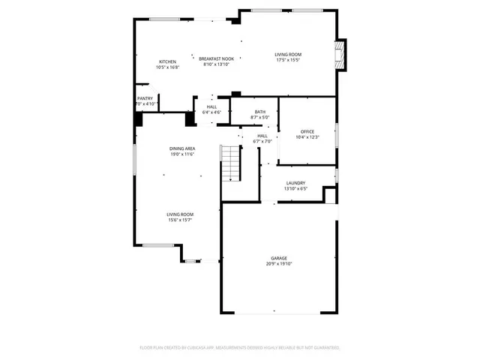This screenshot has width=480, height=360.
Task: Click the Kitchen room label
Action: tap(167, 61)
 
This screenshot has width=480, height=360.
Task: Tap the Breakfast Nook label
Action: tap(216, 58)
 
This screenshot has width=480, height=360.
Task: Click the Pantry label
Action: tap(145, 98)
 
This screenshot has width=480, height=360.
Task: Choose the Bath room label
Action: tap(259, 112)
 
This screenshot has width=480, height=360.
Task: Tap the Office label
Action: tap(307, 131)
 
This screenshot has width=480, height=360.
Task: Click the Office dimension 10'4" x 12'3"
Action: tap(307, 137)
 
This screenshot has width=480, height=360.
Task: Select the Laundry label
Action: tap(295, 183)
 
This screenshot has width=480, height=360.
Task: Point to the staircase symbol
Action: tap(230, 163)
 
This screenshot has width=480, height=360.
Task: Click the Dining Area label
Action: tap(182, 148)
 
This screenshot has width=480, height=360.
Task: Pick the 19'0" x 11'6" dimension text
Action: tap(182, 154)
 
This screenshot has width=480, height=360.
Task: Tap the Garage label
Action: tap(277, 258)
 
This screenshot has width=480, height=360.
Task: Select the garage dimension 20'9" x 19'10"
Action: tap(277, 264)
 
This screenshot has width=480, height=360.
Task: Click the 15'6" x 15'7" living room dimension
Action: tap(180, 220)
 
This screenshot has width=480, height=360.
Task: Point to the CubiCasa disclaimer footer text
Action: tap(240, 348)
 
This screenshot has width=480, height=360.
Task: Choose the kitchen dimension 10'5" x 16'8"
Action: tap(167, 67)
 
